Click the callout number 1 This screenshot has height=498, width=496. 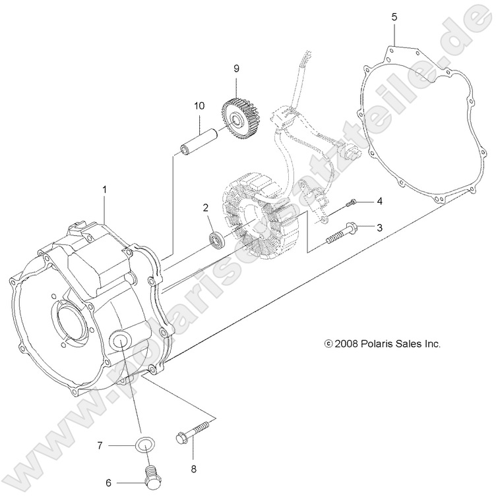pyautogui.click(x=104, y=189)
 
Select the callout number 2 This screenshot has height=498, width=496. pyautogui.click(x=206, y=207)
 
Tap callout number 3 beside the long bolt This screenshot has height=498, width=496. pyautogui.click(x=379, y=227)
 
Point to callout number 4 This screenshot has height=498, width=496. pyautogui.click(x=379, y=200)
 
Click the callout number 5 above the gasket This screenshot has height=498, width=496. pyautogui.click(x=394, y=16)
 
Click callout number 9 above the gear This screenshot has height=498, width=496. pyautogui.click(x=235, y=68)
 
